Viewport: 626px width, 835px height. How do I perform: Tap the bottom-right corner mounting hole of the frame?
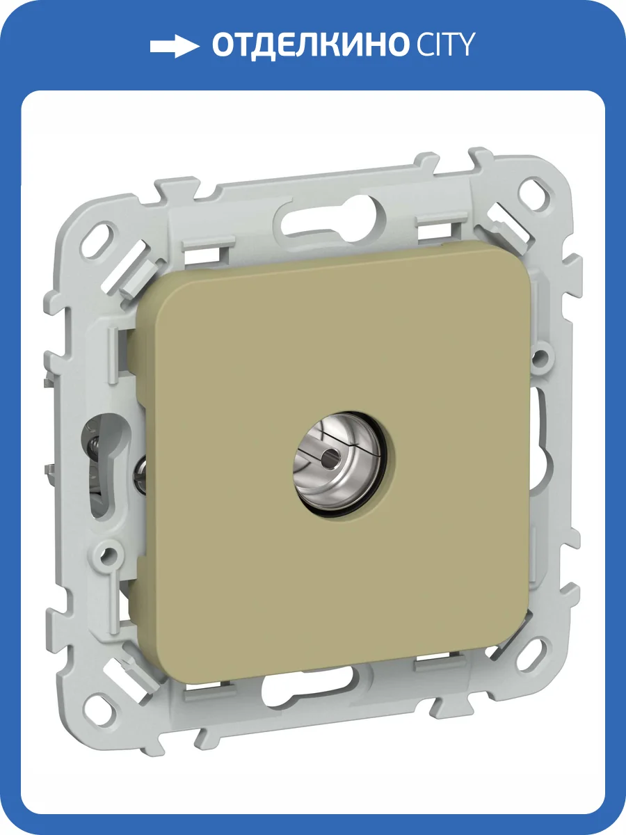(x=535, y=650)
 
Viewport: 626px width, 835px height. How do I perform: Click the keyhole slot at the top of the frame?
(x=329, y=221)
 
